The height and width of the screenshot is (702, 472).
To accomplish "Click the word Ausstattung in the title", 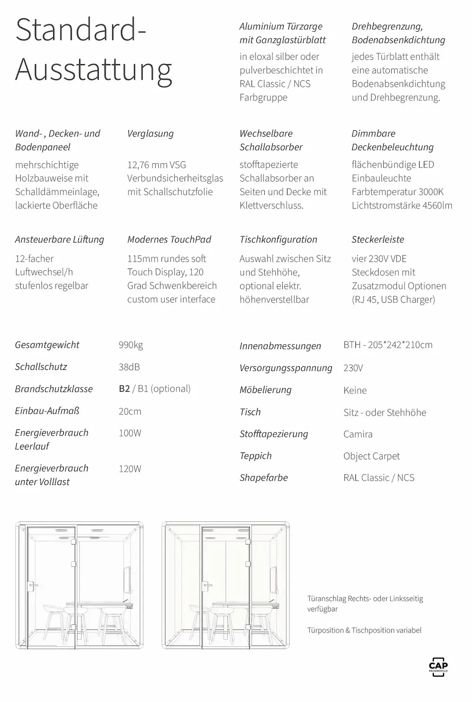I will [93, 70].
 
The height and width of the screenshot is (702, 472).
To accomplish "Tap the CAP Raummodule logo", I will [438, 666].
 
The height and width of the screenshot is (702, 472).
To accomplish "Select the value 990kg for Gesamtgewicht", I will [131, 345].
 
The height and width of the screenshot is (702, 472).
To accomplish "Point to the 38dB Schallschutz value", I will [129, 367].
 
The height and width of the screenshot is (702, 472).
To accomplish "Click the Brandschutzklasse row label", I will [54, 389].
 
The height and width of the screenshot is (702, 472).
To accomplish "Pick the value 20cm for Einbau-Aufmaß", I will [130, 411].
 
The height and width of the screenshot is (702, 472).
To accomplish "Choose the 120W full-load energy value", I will [130, 469].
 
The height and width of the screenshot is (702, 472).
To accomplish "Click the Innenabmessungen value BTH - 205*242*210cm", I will [388, 345].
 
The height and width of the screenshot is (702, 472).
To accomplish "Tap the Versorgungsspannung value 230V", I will [353, 368].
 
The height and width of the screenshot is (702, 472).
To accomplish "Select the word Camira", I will [358, 434].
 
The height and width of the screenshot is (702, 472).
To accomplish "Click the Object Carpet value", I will [371, 456].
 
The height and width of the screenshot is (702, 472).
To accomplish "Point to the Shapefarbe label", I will [263, 478].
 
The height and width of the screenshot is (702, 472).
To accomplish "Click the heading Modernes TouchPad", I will [169, 240].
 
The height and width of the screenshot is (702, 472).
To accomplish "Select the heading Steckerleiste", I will [378, 240].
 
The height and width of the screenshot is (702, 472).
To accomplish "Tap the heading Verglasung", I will [150, 134].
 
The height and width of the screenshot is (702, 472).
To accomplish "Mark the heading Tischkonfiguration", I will [278, 240].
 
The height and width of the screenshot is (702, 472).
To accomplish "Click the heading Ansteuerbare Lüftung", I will [59, 240].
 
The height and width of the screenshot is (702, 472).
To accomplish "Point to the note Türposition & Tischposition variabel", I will [364, 630].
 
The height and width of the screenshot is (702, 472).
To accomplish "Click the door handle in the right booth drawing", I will [207, 586].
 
